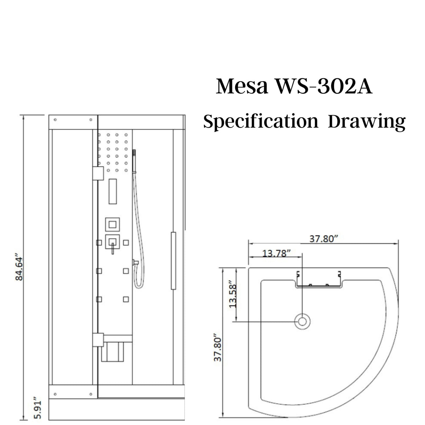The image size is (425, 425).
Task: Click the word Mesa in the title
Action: point(242,86)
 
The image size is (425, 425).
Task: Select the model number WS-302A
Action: point(324,86)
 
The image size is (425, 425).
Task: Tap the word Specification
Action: point(261,121)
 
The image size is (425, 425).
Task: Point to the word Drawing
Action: point(367,122)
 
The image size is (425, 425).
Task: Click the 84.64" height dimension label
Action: point(19,268)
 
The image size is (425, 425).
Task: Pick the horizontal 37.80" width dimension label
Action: point(324,239)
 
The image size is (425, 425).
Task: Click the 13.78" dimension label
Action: point(277,253)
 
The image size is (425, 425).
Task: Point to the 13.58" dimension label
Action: point(233,294)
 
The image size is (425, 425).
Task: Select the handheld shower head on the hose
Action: point(134,161)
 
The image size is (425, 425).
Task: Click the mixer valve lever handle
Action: point(113,248)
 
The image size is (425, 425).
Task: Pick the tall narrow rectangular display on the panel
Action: point(113,192)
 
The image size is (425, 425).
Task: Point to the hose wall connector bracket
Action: point(135,262)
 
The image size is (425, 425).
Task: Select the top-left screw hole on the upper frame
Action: point(55,120)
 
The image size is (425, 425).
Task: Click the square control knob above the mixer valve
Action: point(113,225)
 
